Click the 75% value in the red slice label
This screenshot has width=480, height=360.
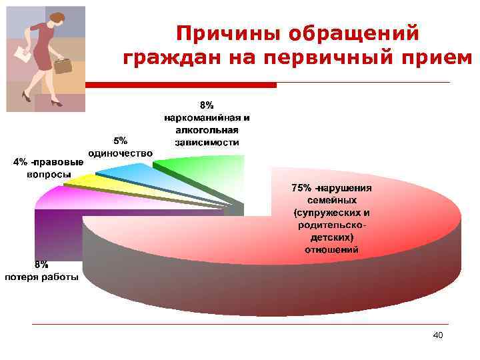tap(302, 187)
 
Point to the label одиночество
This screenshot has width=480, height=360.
tap(120, 152)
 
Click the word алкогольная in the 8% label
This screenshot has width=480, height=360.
tap(207, 130)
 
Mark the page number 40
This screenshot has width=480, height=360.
tap(437, 335)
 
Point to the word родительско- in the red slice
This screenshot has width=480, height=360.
tap(331, 225)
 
